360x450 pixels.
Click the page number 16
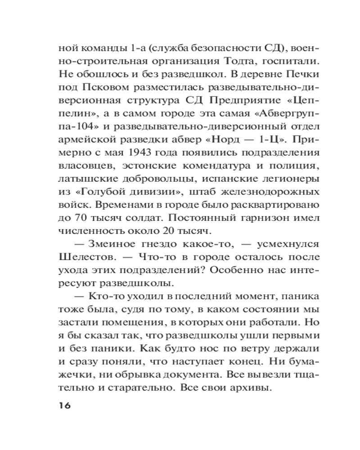pyautogui.click(x=64, y=405)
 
